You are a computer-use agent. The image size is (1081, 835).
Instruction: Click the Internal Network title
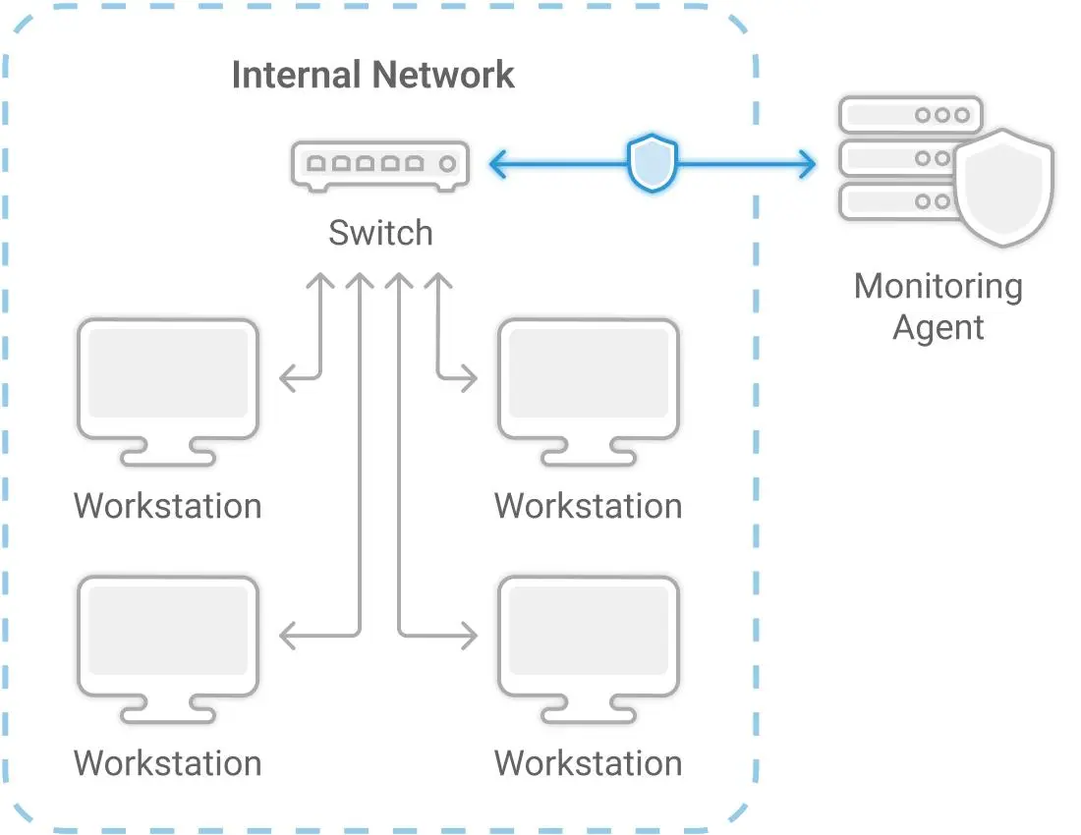[372, 76]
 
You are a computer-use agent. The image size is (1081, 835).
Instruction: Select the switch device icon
[379, 164]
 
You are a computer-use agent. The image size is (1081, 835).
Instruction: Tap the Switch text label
[380, 233]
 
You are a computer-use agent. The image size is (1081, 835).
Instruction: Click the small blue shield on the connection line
[653, 164]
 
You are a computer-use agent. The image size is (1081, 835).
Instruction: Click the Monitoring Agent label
[939, 306]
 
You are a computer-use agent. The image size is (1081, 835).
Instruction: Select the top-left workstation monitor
[168, 379]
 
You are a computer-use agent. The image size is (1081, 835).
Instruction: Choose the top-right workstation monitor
[589, 379]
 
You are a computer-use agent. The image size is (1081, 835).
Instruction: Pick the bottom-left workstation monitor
[168, 638]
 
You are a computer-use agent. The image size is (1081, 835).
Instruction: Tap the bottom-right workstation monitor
[589, 638]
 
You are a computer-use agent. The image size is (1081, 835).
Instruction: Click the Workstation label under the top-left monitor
[168, 506]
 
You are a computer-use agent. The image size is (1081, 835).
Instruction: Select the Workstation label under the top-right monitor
[588, 506]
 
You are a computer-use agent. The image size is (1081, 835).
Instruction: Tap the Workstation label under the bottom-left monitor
[168, 763]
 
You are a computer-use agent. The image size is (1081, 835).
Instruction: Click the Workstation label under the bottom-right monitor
[588, 763]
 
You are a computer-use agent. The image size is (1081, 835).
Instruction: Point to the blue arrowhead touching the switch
[498, 164]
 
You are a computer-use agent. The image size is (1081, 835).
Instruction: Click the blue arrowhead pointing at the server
[807, 164]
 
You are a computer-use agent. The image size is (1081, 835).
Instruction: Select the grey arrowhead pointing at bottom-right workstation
[469, 637]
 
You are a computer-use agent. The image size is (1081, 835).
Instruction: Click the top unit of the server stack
[910, 115]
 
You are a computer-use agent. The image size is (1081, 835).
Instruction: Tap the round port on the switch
[448, 164]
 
